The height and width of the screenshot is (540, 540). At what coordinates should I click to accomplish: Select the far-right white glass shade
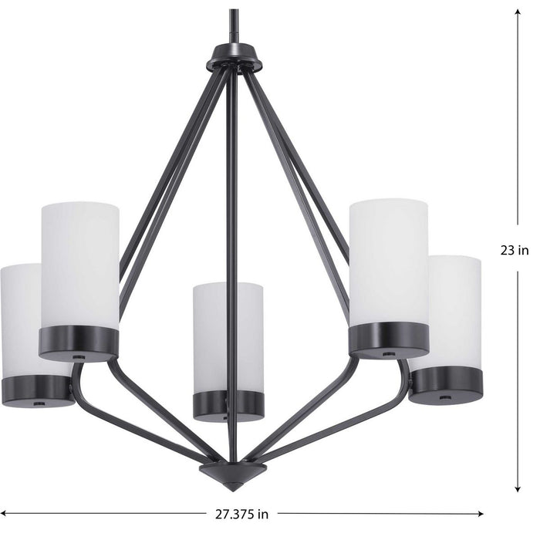(x=456, y=310)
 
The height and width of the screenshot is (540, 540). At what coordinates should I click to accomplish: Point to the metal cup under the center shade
(x=228, y=405)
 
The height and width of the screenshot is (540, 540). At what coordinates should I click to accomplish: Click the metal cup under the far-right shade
(x=446, y=383)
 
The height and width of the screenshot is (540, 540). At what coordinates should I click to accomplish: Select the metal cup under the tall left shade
(x=79, y=343)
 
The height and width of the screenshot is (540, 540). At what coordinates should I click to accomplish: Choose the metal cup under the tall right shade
(x=388, y=340)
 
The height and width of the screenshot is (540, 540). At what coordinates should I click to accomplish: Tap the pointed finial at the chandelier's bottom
(x=233, y=474)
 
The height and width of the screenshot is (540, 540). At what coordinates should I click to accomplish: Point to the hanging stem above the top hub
(x=234, y=27)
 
